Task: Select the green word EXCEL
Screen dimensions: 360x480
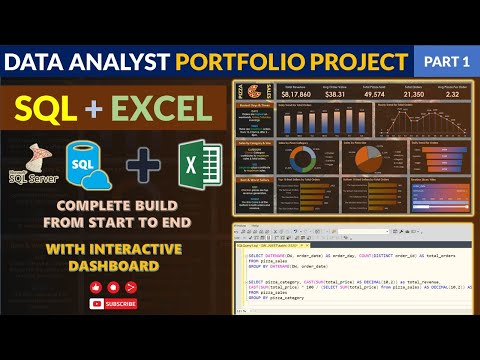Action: (x=163, y=108)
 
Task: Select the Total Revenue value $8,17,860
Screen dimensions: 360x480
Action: (x=294, y=93)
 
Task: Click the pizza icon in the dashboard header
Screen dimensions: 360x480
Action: (x=249, y=92)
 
